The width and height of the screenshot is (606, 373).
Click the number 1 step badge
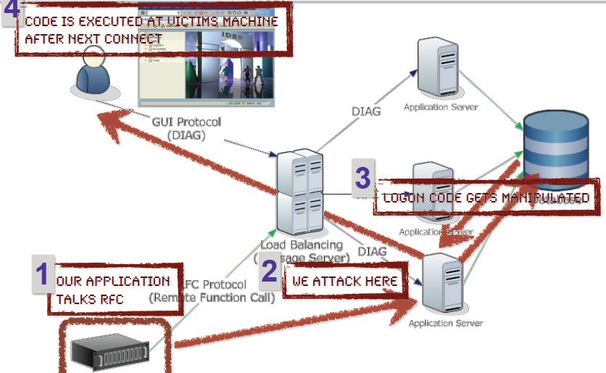pyautogui.click(x=42, y=274)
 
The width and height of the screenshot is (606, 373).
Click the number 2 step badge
pyautogui.click(x=269, y=271)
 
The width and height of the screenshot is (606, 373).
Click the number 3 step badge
pyautogui.click(x=363, y=177)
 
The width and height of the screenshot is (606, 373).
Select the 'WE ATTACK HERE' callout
pyautogui.click(x=344, y=281)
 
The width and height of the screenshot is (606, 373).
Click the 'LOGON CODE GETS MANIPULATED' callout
pyautogui.click(x=486, y=197)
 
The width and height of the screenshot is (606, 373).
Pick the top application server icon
pyautogui.click(x=439, y=66)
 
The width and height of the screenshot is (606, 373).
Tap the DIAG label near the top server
pyautogui.click(x=366, y=112)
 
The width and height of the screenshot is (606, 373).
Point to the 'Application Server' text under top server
pyautogui.click(x=441, y=107)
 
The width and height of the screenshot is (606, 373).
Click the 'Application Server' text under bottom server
pyautogui.click(x=445, y=323)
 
